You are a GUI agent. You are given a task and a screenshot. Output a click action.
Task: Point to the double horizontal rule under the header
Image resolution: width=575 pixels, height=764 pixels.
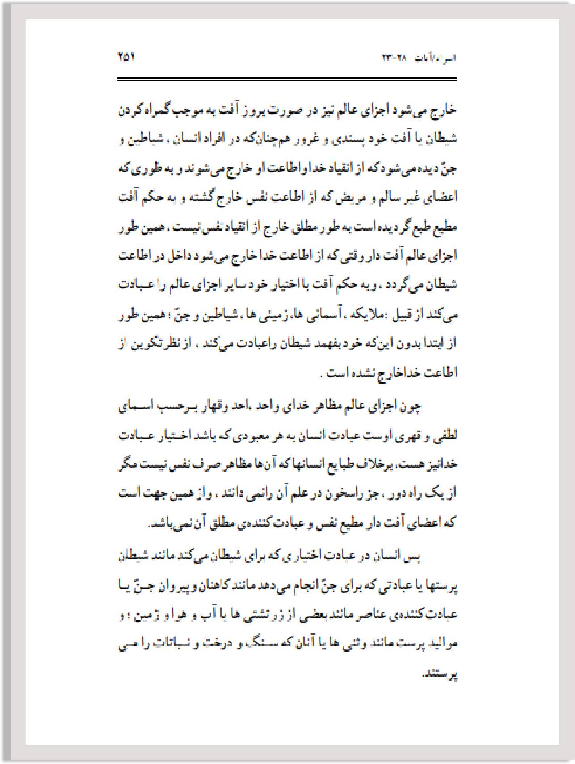pos(286,80)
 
